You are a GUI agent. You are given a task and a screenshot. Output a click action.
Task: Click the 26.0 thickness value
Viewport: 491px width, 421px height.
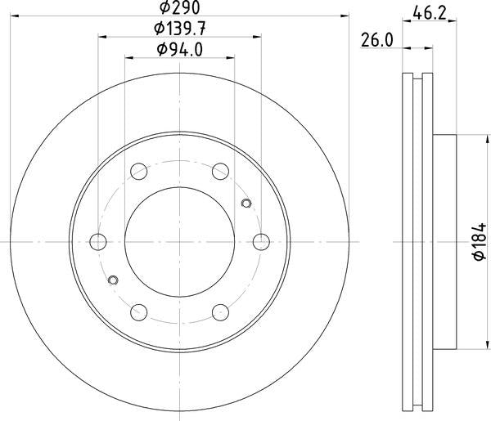point(377,38)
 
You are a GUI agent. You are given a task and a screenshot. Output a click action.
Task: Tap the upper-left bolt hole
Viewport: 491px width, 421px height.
point(139,171)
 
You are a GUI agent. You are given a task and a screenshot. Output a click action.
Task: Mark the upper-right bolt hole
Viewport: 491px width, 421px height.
point(220,171)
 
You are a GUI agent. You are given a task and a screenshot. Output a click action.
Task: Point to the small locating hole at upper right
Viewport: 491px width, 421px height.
point(246,203)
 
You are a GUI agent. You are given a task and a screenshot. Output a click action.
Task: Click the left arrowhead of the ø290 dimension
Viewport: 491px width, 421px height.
point(16,16)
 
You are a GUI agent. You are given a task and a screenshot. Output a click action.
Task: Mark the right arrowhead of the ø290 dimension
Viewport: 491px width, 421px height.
point(345,16)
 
